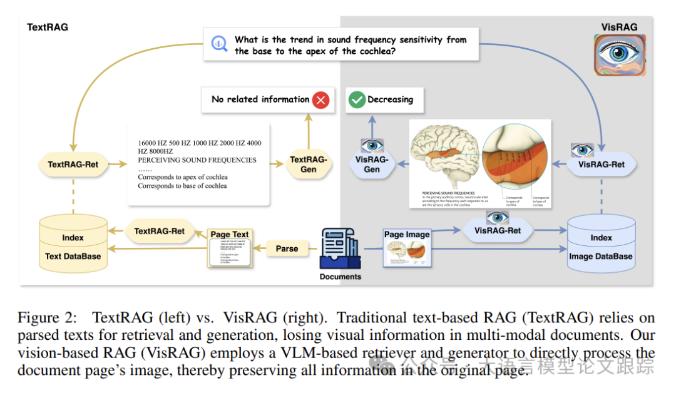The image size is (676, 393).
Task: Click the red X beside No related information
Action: click(x=320, y=100)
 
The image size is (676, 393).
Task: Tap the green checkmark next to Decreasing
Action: click(x=357, y=100)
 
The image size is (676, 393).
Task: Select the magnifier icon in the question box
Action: click(x=219, y=44)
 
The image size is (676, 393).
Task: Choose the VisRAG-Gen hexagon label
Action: click(x=372, y=165)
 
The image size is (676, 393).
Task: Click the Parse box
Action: click(x=287, y=248)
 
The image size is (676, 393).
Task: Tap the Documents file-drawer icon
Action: click(x=340, y=248)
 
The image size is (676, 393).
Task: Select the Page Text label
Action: click(x=230, y=235)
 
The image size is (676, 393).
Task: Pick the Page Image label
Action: click(x=407, y=235)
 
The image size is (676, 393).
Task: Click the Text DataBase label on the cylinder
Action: click(x=73, y=256)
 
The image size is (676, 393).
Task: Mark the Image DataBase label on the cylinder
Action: click(x=600, y=256)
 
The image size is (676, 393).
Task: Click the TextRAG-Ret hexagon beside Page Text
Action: click(x=160, y=231)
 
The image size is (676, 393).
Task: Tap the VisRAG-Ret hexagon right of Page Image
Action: click(x=498, y=230)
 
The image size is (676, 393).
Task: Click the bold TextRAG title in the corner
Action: click(x=48, y=28)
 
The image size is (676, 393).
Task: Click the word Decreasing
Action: click(x=390, y=100)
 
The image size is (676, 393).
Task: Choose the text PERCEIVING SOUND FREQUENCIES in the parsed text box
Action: click(x=197, y=160)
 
